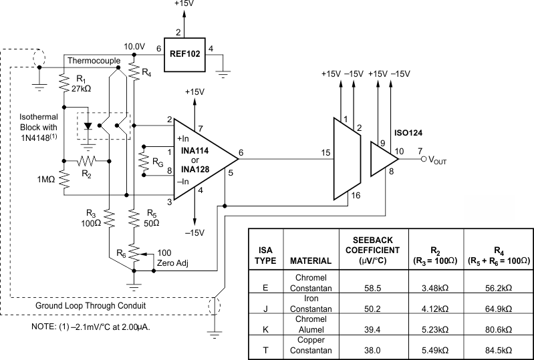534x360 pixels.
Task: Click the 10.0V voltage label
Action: (x=134, y=47)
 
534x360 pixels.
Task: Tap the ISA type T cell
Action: (x=265, y=349)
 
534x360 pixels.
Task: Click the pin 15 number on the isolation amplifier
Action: (x=325, y=153)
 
